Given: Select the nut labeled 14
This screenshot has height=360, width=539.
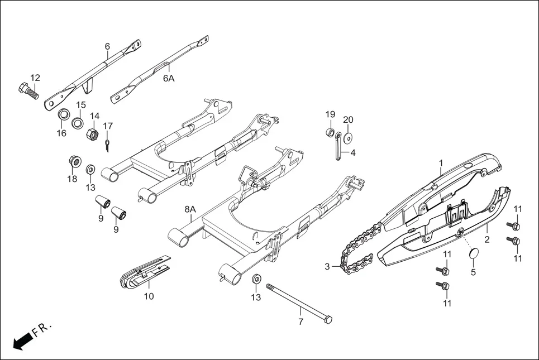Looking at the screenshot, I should [93, 134].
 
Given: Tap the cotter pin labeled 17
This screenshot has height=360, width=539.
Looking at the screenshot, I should [107, 145].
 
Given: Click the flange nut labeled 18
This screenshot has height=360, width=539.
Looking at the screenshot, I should [73, 161].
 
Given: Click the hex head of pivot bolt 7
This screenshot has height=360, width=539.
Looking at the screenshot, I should [328, 320].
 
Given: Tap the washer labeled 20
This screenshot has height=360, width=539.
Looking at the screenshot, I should [349, 137].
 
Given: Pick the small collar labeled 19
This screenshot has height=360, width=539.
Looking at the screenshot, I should [330, 133].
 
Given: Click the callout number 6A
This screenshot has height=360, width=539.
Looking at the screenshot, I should [169, 79].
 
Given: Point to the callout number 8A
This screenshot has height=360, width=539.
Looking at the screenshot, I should [190, 209].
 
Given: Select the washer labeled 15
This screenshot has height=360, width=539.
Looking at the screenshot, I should [78, 122].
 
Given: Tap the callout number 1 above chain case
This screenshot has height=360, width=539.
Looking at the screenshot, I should [441, 162].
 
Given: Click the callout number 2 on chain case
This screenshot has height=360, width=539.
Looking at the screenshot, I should [487, 240].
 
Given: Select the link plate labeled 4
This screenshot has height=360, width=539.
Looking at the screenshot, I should [338, 151].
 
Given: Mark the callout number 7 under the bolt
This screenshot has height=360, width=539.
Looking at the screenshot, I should [300, 322].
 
